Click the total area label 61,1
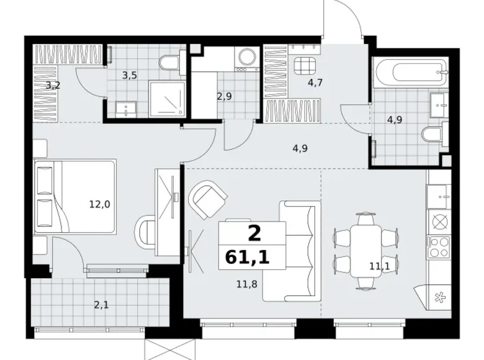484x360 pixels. pos(247,257)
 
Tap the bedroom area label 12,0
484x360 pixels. pos(99,204)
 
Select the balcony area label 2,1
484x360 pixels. pos(101,305)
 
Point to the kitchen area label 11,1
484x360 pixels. pos(379,266)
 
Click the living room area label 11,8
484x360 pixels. pos(246,284)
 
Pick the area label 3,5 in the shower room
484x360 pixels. pos(129,75)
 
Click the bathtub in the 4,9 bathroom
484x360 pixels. pos(410,73)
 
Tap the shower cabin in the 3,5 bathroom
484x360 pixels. pos(167,99)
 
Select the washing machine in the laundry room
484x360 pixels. pos(246,59)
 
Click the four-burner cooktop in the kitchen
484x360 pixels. pos(438,246)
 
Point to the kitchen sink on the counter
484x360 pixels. pos(437,197)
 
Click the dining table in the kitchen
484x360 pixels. pos(365,251)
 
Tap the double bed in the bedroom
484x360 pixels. pos(74,197)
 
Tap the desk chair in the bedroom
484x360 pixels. pos(145,234)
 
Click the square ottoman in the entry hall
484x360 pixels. pos(305,66)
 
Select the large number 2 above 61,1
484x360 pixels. pos(254,233)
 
